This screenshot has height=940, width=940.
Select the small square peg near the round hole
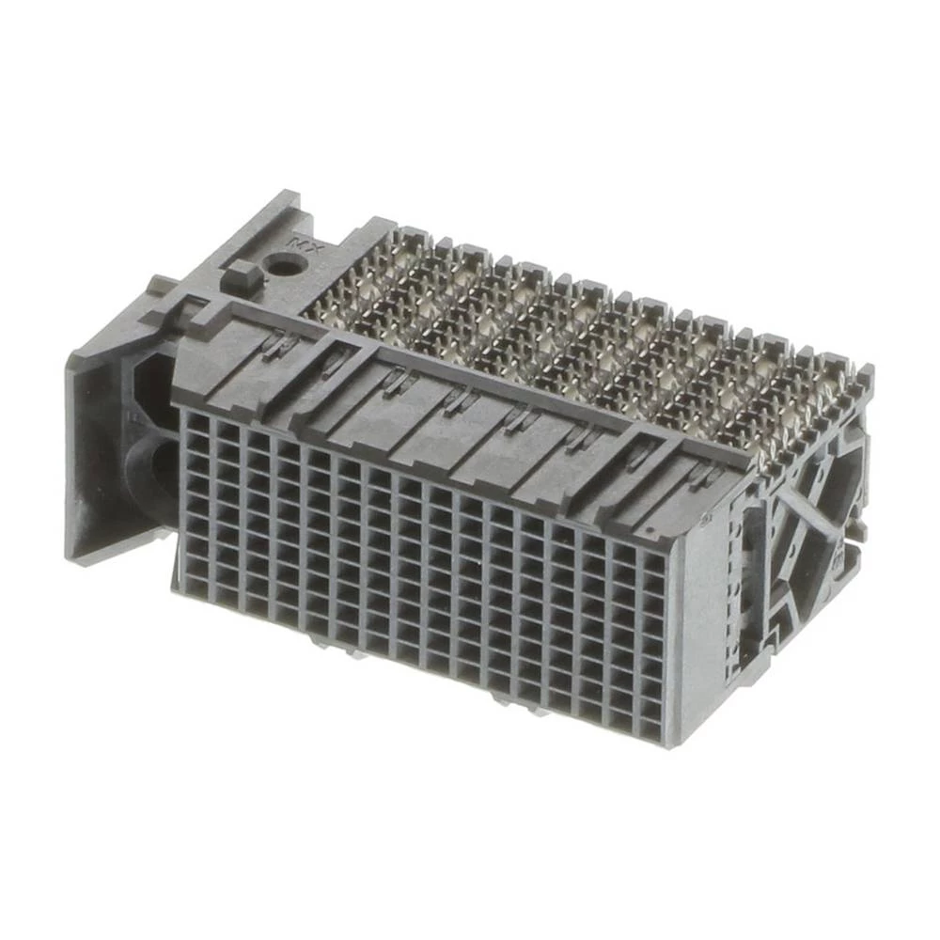pos(240,277)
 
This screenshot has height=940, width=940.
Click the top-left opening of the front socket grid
pos(196,424)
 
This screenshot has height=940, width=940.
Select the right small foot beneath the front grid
pos(526,700)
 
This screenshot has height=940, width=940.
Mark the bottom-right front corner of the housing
pos(669,747)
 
